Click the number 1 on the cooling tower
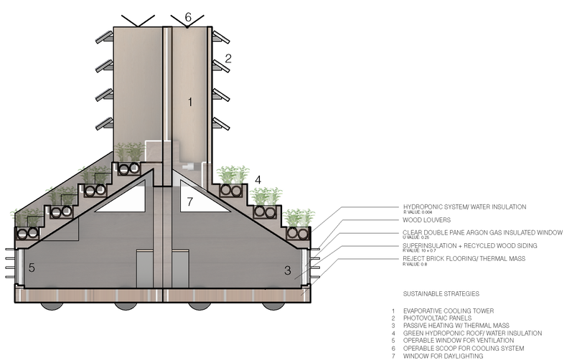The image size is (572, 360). [190, 103]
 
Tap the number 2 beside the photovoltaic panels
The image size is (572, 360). [228, 59]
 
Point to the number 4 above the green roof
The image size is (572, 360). [258, 179]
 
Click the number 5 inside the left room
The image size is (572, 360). [30, 268]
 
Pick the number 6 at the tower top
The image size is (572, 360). [188, 16]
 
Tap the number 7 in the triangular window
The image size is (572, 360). [189, 202]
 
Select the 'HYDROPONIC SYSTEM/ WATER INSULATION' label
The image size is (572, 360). [464, 207]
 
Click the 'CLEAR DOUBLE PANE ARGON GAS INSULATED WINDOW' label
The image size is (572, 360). [482, 232]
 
